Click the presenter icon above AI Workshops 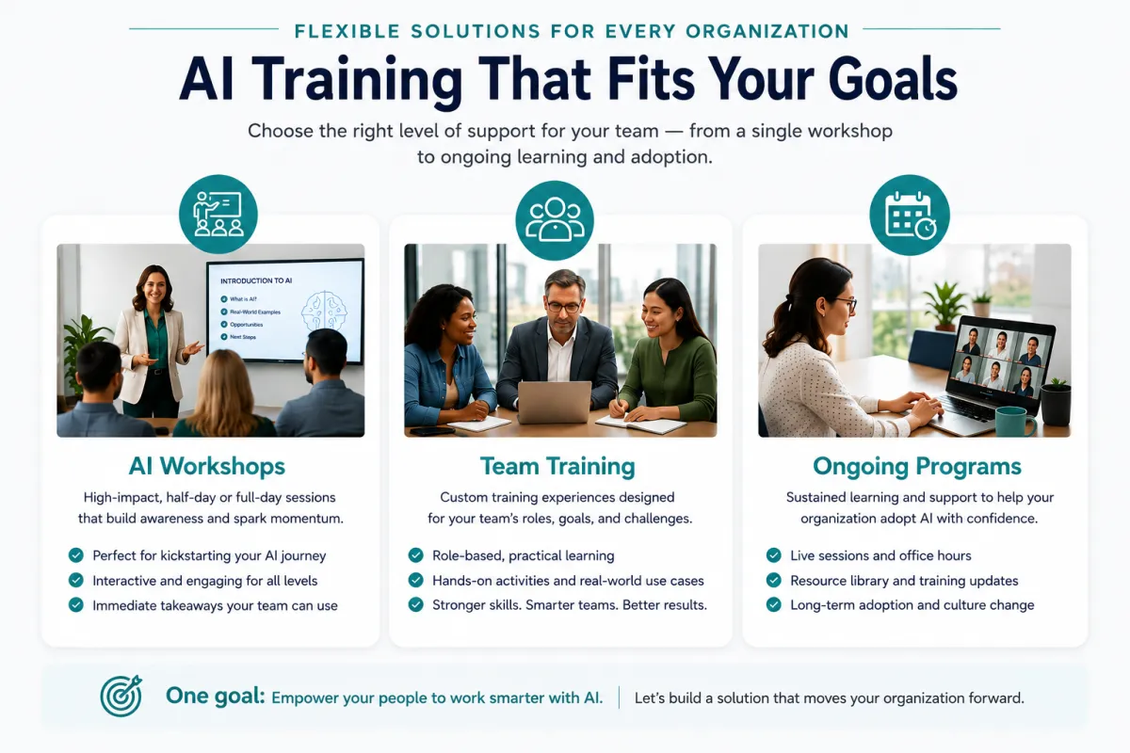[218, 214]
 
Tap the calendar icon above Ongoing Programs [910, 215]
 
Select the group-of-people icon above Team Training [555, 220]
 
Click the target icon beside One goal [121, 696]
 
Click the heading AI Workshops [207, 466]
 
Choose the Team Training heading [557, 466]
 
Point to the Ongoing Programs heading [916, 466]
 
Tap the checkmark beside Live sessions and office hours [773, 555]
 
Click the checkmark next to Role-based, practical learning [415, 555]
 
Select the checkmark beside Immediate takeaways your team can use [75, 604]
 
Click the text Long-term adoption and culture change [912, 605]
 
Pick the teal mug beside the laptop [1015, 422]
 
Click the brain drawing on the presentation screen [324, 312]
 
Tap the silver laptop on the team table [555, 402]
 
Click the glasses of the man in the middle [563, 307]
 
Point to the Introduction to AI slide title [256, 280]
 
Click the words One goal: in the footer [216, 696]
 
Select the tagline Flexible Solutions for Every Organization [572, 31]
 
